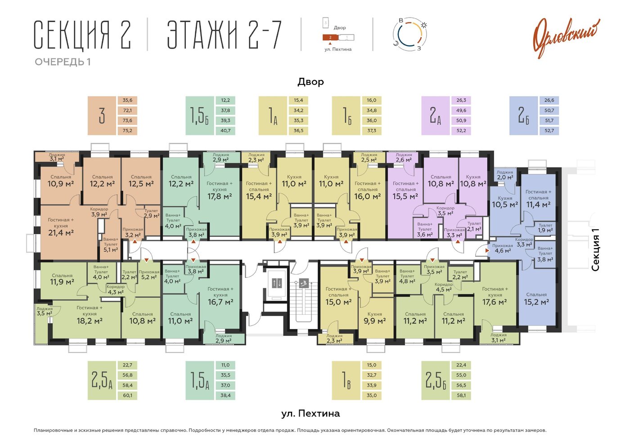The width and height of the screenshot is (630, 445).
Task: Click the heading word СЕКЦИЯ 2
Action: point(82,35)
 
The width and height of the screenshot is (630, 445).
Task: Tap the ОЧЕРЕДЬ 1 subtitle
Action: point(63,62)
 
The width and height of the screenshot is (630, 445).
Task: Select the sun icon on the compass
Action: point(423,25)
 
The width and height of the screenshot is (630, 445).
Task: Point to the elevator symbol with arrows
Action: point(277,283)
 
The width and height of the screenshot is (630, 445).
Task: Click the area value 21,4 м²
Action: point(61,233)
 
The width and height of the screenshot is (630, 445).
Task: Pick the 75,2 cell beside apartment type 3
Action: point(127,130)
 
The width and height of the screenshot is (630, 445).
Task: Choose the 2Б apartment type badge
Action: point(523,116)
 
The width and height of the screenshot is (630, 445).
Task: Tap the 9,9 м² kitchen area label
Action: point(374,320)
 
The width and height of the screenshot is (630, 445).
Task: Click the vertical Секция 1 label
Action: point(595,250)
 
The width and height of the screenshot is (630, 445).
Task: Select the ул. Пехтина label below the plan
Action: point(310,414)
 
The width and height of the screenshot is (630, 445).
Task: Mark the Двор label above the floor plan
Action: point(310,82)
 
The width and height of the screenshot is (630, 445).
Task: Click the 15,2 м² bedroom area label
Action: point(536,302)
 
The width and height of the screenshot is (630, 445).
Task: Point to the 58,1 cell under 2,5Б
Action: point(461,395)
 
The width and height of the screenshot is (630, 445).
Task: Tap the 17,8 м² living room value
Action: point(220,196)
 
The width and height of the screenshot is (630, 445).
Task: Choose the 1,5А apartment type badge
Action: point(200,380)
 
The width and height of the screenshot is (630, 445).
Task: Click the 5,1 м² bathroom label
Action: point(111,249)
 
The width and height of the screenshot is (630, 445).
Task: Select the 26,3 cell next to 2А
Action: point(461,100)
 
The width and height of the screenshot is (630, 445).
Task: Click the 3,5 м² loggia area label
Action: point(44,313)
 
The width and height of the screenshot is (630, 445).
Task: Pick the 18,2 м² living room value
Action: point(90,320)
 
